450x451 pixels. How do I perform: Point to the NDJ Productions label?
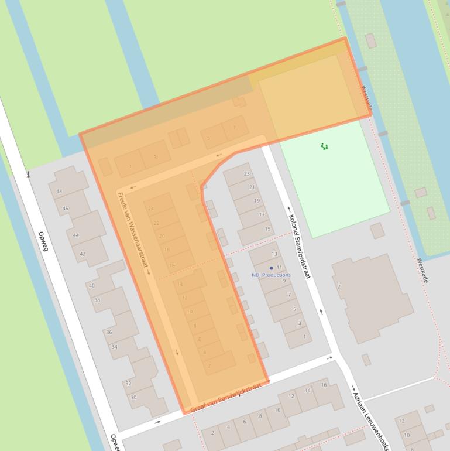click(271, 275)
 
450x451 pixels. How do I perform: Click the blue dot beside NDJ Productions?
click(271, 268)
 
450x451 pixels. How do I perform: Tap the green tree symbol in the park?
click(324, 146)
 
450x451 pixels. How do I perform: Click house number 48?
click(59, 192)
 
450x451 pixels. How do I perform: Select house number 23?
click(247, 174)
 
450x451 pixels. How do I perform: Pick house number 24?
click(151, 209)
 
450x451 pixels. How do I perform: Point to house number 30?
click(133, 397)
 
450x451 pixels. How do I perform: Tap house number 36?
click(109, 332)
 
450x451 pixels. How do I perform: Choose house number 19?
click(256, 201)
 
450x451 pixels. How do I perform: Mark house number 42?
click(83, 254)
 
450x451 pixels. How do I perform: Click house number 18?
click(167, 250)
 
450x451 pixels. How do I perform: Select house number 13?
click(274, 254)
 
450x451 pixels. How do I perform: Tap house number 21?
click(252, 187)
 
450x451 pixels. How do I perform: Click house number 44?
click(75, 235)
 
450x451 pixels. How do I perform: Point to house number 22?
click(156, 223)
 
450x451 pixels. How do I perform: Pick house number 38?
click(97, 300)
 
